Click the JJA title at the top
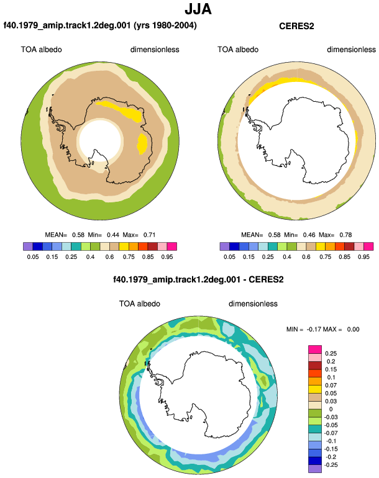198,9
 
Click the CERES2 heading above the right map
296,26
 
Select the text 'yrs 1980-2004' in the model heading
165,25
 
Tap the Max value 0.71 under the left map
150,235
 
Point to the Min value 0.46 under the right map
309,235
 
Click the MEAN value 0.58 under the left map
78,235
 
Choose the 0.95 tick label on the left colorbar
167,257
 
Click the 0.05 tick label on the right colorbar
229,257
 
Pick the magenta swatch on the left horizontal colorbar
172,246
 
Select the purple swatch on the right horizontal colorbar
224,246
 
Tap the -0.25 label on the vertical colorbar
331,465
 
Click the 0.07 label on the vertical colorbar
331,386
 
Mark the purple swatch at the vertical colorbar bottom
315,469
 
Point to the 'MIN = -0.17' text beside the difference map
304,330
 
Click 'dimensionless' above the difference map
253,304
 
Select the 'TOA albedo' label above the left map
41,50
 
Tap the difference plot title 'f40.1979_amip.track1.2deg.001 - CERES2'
198,279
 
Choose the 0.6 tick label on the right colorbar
306,257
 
